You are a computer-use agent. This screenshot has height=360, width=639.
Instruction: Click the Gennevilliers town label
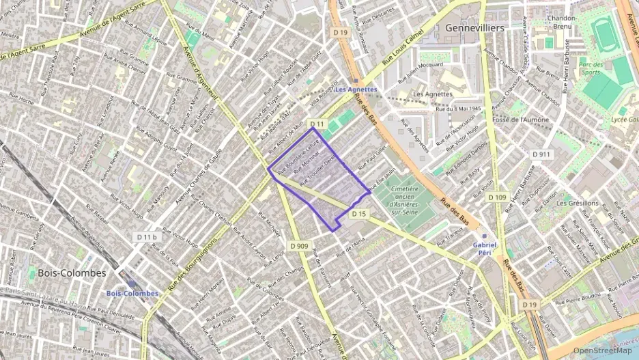click(x=474, y=28)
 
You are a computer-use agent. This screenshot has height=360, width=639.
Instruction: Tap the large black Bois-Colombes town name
click(x=72, y=273)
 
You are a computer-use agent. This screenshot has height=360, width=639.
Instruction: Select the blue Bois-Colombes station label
click(x=132, y=293)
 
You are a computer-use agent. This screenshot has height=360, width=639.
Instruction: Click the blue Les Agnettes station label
click(x=356, y=89)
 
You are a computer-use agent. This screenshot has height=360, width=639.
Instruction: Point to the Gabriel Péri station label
click(x=485, y=248)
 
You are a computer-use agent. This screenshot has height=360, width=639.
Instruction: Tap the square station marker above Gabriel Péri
click(x=485, y=236)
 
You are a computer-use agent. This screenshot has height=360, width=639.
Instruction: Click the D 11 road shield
click(x=316, y=124)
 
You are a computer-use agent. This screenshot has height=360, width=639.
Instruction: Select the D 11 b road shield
click(x=147, y=236)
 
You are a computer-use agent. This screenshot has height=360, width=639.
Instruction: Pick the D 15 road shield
click(x=359, y=214)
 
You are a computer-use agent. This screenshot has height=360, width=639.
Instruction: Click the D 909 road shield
click(x=298, y=246)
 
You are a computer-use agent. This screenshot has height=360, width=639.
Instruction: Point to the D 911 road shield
click(x=541, y=154)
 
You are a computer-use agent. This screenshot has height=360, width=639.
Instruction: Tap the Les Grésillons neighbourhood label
click(x=577, y=203)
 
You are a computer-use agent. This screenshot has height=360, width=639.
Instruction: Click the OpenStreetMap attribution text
click(x=603, y=350)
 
